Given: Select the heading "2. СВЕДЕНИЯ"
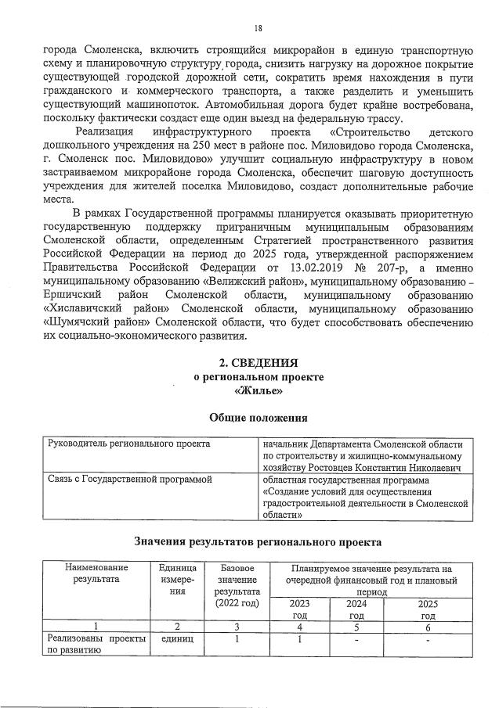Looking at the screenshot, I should pos(258,363).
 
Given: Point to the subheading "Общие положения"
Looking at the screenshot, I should pos(258,418).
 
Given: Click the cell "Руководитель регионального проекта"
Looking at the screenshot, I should pos(129,444).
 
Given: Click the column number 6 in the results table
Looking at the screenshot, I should pos(428,627).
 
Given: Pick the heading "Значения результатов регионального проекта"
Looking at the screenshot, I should pos(258,541).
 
